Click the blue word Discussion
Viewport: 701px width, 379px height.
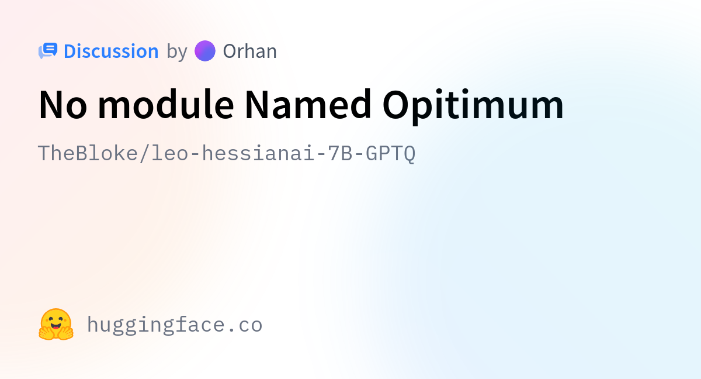(x=111, y=51)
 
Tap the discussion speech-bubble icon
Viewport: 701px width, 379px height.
(x=48, y=51)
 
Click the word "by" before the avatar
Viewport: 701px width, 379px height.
(x=177, y=51)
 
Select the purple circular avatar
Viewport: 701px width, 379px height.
(x=205, y=51)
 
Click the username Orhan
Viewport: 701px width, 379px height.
(x=250, y=51)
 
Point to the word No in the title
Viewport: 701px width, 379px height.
(x=63, y=105)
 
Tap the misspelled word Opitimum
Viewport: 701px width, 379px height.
(x=473, y=106)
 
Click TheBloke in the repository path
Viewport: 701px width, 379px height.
(x=88, y=153)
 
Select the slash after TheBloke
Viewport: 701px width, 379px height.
(x=144, y=153)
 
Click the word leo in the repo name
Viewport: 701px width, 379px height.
(x=170, y=153)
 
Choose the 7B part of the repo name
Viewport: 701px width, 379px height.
(x=340, y=153)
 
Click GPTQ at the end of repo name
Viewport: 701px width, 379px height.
(x=391, y=154)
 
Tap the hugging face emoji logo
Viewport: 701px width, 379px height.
(x=56, y=324)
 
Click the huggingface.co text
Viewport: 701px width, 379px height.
(x=175, y=325)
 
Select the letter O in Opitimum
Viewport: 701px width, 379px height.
(x=396, y=105)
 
